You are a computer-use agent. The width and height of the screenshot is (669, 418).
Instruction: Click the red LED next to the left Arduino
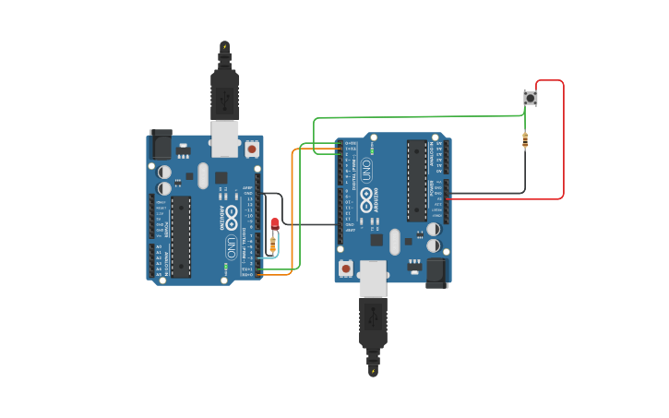tap(275, 223)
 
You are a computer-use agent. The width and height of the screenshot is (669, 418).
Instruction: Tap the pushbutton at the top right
tap(530, 97)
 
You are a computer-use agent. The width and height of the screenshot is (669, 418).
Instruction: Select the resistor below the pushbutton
tap(525, 140)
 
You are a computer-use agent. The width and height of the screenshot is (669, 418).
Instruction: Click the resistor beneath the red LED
tap(272, 244)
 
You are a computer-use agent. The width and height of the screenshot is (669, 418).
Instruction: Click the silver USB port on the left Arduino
tap(224, 137)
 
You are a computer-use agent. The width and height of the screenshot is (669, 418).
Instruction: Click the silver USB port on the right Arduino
tap(373, 278)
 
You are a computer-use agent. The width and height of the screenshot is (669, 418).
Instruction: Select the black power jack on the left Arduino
tap(161, 143)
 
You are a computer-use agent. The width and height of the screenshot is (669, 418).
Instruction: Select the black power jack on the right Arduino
tap(436, 271)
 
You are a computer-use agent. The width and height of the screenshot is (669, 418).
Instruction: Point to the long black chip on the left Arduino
tap(181, 236)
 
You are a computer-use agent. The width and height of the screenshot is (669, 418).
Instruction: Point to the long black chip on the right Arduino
tap(417, 180)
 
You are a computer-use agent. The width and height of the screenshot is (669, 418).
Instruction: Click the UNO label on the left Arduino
tap(231, 247)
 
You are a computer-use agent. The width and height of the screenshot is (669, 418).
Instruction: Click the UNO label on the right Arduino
tap(366, 170)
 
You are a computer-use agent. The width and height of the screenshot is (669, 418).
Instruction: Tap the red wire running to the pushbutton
tap(562, 138)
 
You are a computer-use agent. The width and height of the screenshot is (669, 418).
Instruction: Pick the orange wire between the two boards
tap(293, 212)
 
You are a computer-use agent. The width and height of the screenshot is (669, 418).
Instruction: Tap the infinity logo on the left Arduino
tap(231, 218)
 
